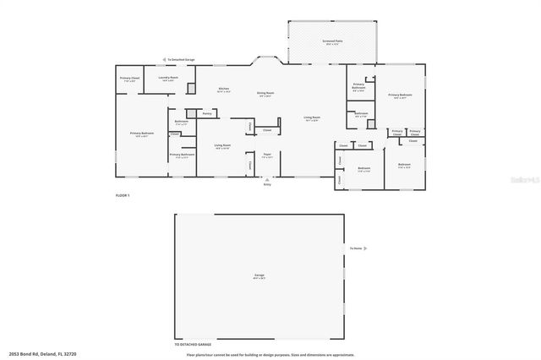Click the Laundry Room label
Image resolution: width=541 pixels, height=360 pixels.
point(168,78)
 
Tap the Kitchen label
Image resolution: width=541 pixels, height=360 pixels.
point(224,90)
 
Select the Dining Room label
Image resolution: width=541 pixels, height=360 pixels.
point(265,95)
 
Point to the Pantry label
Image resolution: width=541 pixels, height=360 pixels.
point(206,112)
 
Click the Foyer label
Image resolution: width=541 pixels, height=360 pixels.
point(266,155)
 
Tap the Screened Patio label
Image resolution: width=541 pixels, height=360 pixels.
point(332,41)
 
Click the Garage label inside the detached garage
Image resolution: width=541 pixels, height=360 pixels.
point(260,275)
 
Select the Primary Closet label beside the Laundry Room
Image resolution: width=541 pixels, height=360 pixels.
point(129,79)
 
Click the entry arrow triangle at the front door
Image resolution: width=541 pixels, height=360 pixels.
point(267,178)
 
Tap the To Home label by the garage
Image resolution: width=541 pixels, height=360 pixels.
point(358,248)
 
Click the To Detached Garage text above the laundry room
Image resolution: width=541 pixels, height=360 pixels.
point(181,60)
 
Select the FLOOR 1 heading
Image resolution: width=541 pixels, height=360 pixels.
point(123,195)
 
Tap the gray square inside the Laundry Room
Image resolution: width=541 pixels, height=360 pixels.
point(191,88)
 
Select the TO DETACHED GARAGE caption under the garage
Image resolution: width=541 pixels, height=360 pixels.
point(193,345)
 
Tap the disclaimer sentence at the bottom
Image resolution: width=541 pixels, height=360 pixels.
point(270,354)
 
